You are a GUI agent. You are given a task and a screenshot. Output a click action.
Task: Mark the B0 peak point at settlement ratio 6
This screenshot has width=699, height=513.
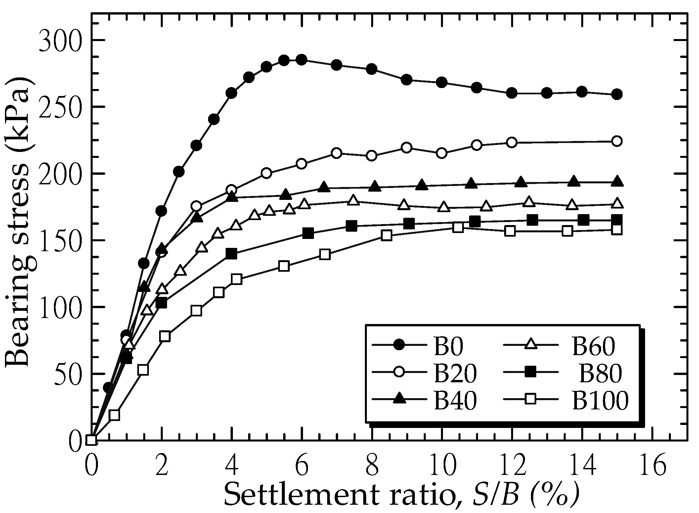pyautogui.click(x=301, y=60)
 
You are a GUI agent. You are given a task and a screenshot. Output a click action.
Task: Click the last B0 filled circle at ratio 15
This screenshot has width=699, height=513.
pyautogui.click(x=617, y=94)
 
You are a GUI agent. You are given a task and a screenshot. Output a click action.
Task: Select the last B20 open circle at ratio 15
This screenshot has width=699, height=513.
pyautogui.click(x=617, y=141)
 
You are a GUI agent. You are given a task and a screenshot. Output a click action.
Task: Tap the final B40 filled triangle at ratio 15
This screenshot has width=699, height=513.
pyautogui.click(x=617, y=181)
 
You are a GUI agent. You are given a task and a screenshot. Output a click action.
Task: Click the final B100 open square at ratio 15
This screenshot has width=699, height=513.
pyautogui.click(x=617, y=230)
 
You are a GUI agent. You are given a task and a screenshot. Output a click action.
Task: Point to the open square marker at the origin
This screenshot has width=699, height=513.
pyautogui.click(x=91, y=440)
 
